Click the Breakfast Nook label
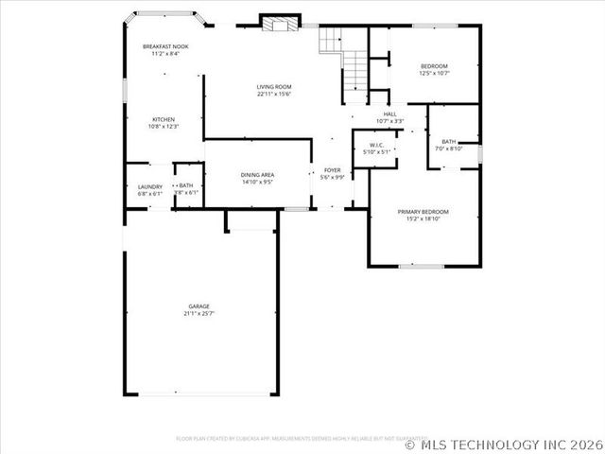[165, 46]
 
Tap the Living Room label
[273, 87]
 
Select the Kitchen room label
[164, 119]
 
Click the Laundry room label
[150, 186]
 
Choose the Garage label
[199, 306]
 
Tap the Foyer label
[333, 170]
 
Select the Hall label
[389, 113]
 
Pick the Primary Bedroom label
[423, 211]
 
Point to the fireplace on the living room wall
[276, 23]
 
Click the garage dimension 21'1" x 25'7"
[199, 313]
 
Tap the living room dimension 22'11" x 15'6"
[273, 94]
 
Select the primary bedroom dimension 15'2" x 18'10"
[423, 218]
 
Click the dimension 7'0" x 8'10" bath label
[447, 148]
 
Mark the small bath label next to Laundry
[186, 186]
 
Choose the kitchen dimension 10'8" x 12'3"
[164, 126]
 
